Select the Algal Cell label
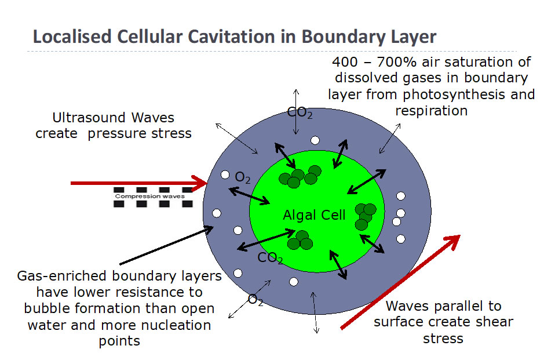(315, 215)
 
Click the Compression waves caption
(150, 196)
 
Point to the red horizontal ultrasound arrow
(139, 183)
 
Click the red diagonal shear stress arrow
(400, 282)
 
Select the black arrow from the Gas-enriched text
(166, 245)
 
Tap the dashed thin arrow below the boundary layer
(315, 312)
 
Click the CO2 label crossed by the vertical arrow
(300, 112)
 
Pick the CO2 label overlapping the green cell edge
(270, 258)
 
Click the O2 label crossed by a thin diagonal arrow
(255, 300)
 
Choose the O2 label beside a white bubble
(243, 177)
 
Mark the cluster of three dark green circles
(300, 240)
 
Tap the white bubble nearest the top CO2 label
(315, 140)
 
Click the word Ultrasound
(89, 118)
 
